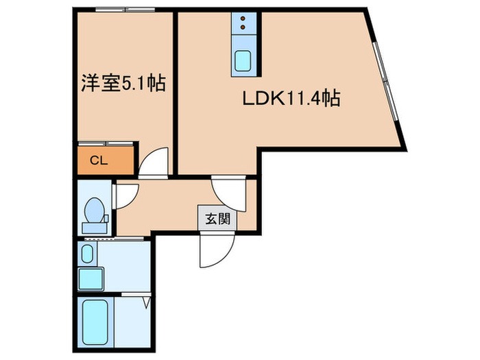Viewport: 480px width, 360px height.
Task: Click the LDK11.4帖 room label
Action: (291, 99)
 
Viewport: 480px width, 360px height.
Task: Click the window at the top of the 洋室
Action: (125, 10)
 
